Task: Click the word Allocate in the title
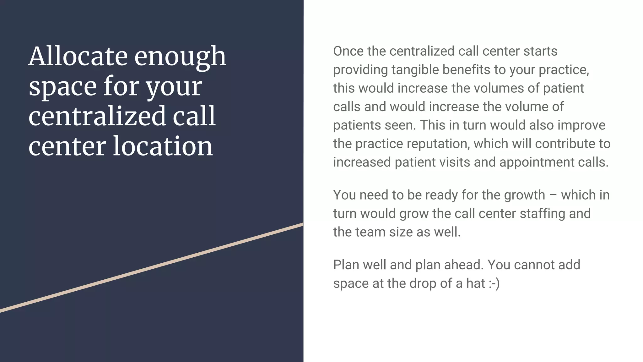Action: (x=78, y=56)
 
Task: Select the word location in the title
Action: (x=163, y=146)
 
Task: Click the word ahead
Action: (x=463, y=265)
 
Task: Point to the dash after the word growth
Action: (x=553, y=195)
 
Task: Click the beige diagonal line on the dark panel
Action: (x=152, y=268)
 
